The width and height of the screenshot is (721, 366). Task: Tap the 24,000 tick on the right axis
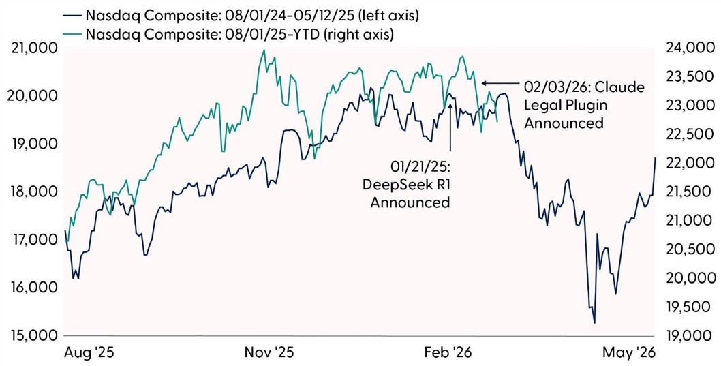tap(684, 48)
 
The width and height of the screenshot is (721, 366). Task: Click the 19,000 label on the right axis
tap(684, 336)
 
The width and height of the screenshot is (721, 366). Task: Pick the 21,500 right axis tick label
tap(684, 192)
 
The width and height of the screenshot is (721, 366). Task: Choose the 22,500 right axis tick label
tap(684, 134)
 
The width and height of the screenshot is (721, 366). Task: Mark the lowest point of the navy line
tap(594, 323)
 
